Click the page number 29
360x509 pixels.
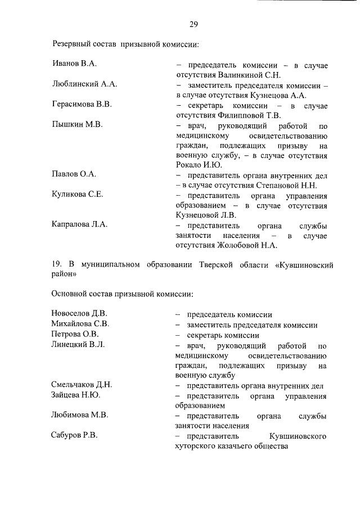193,24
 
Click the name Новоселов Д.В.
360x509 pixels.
79,313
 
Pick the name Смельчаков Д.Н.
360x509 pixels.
82,385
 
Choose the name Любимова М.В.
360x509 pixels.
79,415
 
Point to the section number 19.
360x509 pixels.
56,264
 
